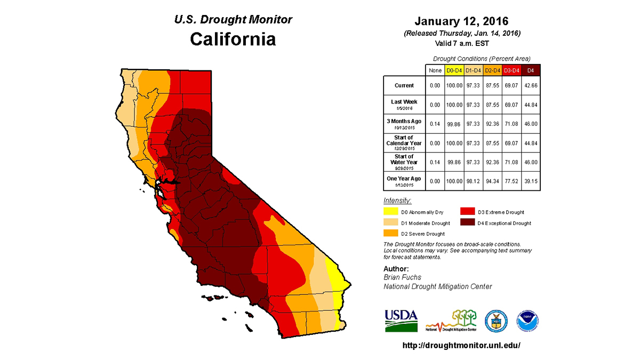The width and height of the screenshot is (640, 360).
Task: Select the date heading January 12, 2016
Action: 461,22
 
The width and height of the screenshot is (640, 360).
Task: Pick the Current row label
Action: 404,85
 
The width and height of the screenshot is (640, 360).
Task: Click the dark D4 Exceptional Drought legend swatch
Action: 468,223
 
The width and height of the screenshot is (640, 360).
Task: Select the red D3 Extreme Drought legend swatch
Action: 468,212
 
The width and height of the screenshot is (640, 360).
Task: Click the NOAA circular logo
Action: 527,321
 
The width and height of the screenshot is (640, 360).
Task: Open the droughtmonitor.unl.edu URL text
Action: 461,345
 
